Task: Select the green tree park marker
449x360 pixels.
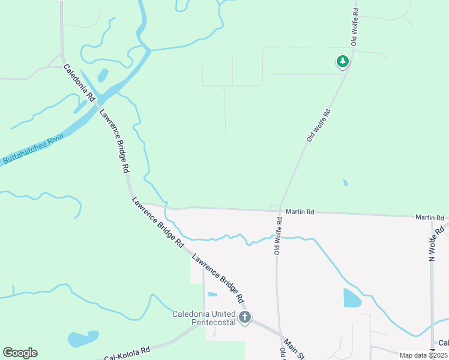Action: [x=342, y=61]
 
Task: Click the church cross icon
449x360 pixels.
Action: [x=244, y=317]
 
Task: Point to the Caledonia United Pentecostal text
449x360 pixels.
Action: [x=203, y=318]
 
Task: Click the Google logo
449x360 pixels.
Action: [x=20, y=353]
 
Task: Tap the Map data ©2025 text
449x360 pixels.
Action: [x=423, y=355]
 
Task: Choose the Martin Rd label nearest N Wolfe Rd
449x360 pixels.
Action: [x=431, y=217]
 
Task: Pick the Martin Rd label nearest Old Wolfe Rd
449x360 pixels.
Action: [x=300, y=212]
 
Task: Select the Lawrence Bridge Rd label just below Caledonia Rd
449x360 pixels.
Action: [x=115, y=140]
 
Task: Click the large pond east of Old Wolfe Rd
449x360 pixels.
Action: [x=352, y=298]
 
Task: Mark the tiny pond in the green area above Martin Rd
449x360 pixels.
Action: [x=345, y=182]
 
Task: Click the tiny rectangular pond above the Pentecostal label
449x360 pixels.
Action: [x=212, y=294]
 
